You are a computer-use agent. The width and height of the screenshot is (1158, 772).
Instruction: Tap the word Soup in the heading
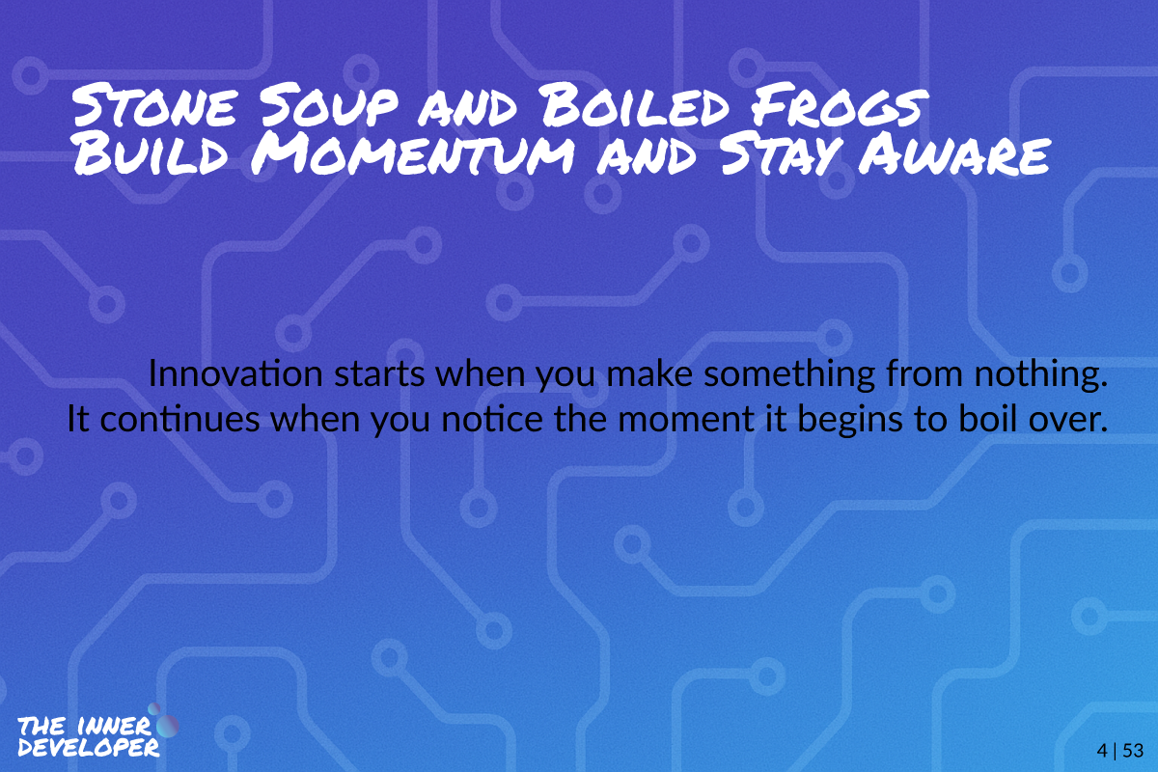(329, 107)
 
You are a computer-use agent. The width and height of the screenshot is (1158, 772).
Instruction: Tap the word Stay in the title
(782, 154)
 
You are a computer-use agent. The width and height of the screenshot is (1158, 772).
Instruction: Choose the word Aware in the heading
(954, 154)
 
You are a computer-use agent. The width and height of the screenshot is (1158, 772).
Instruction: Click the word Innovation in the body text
(235, 373)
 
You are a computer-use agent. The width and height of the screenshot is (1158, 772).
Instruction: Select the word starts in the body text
(379, 374)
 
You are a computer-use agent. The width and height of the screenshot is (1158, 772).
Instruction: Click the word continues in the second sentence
(179, 420)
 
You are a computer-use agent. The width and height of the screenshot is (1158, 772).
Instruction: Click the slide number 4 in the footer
(1102, 750)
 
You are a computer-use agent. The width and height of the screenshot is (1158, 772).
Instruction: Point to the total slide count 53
(1133, 750)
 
